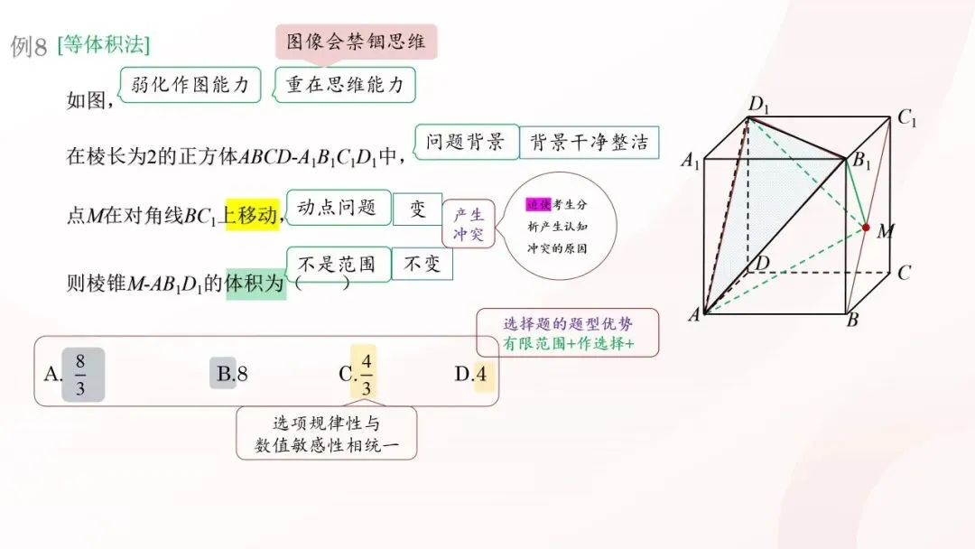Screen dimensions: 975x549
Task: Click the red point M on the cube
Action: (x=867, y=226)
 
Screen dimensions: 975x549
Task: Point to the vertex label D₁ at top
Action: (x=758, y=104)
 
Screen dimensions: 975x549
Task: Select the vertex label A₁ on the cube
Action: (x=691, y=163)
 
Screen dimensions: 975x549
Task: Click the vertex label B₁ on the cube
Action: (x=863, y=163)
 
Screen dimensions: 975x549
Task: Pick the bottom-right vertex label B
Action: (x=851, y=320)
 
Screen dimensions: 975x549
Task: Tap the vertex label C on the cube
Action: (x=904, y=273)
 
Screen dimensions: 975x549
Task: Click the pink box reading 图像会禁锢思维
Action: (x=356, y=42)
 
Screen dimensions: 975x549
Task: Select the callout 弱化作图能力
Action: (x=190, y=85)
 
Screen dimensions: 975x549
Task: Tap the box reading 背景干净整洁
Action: (x=589, y=142)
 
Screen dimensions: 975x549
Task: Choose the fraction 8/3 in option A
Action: (x=81, y=374)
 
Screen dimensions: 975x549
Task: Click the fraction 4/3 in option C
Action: (x=366, y=374)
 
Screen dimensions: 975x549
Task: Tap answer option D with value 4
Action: (x=475, y=374)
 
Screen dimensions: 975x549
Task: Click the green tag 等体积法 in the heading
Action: (x=103, y=44)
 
